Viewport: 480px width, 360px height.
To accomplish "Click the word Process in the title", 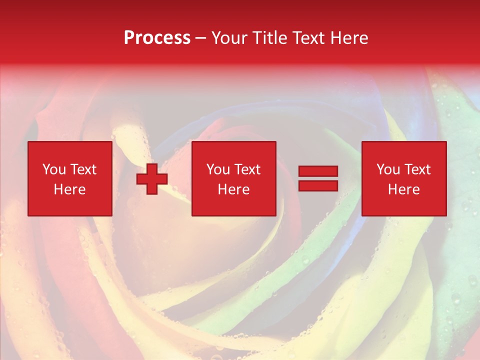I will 157,38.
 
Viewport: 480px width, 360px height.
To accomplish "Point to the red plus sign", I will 152,178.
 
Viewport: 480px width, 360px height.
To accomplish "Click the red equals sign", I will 318,178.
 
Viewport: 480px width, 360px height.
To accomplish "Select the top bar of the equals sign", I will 318,171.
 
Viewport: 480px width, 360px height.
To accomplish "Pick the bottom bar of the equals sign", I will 318,185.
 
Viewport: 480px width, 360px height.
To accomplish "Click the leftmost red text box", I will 69,178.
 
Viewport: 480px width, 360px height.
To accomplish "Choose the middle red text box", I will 233,178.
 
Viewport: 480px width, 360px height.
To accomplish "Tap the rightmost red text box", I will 403,178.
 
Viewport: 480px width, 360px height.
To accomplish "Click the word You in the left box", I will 54,169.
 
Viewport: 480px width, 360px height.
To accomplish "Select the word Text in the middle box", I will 247,169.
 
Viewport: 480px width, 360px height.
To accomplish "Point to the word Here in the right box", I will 403,189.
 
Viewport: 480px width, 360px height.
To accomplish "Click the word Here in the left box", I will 69,189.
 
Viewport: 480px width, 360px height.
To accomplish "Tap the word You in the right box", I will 388,169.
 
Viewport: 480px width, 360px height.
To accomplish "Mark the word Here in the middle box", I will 233,189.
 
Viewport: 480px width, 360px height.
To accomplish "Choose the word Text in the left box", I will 83,169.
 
